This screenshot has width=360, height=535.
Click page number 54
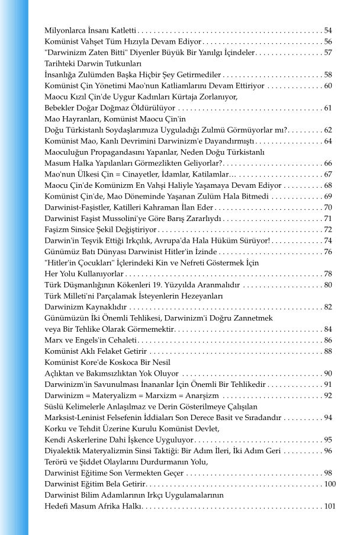coord(328,30)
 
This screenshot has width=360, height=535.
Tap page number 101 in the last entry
coord(330,507)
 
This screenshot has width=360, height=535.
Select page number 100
coord(330,484)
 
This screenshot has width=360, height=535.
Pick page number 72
coord(328,229)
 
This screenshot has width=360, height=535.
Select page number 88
coord(328,351)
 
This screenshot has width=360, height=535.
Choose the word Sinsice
coord(83,229)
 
